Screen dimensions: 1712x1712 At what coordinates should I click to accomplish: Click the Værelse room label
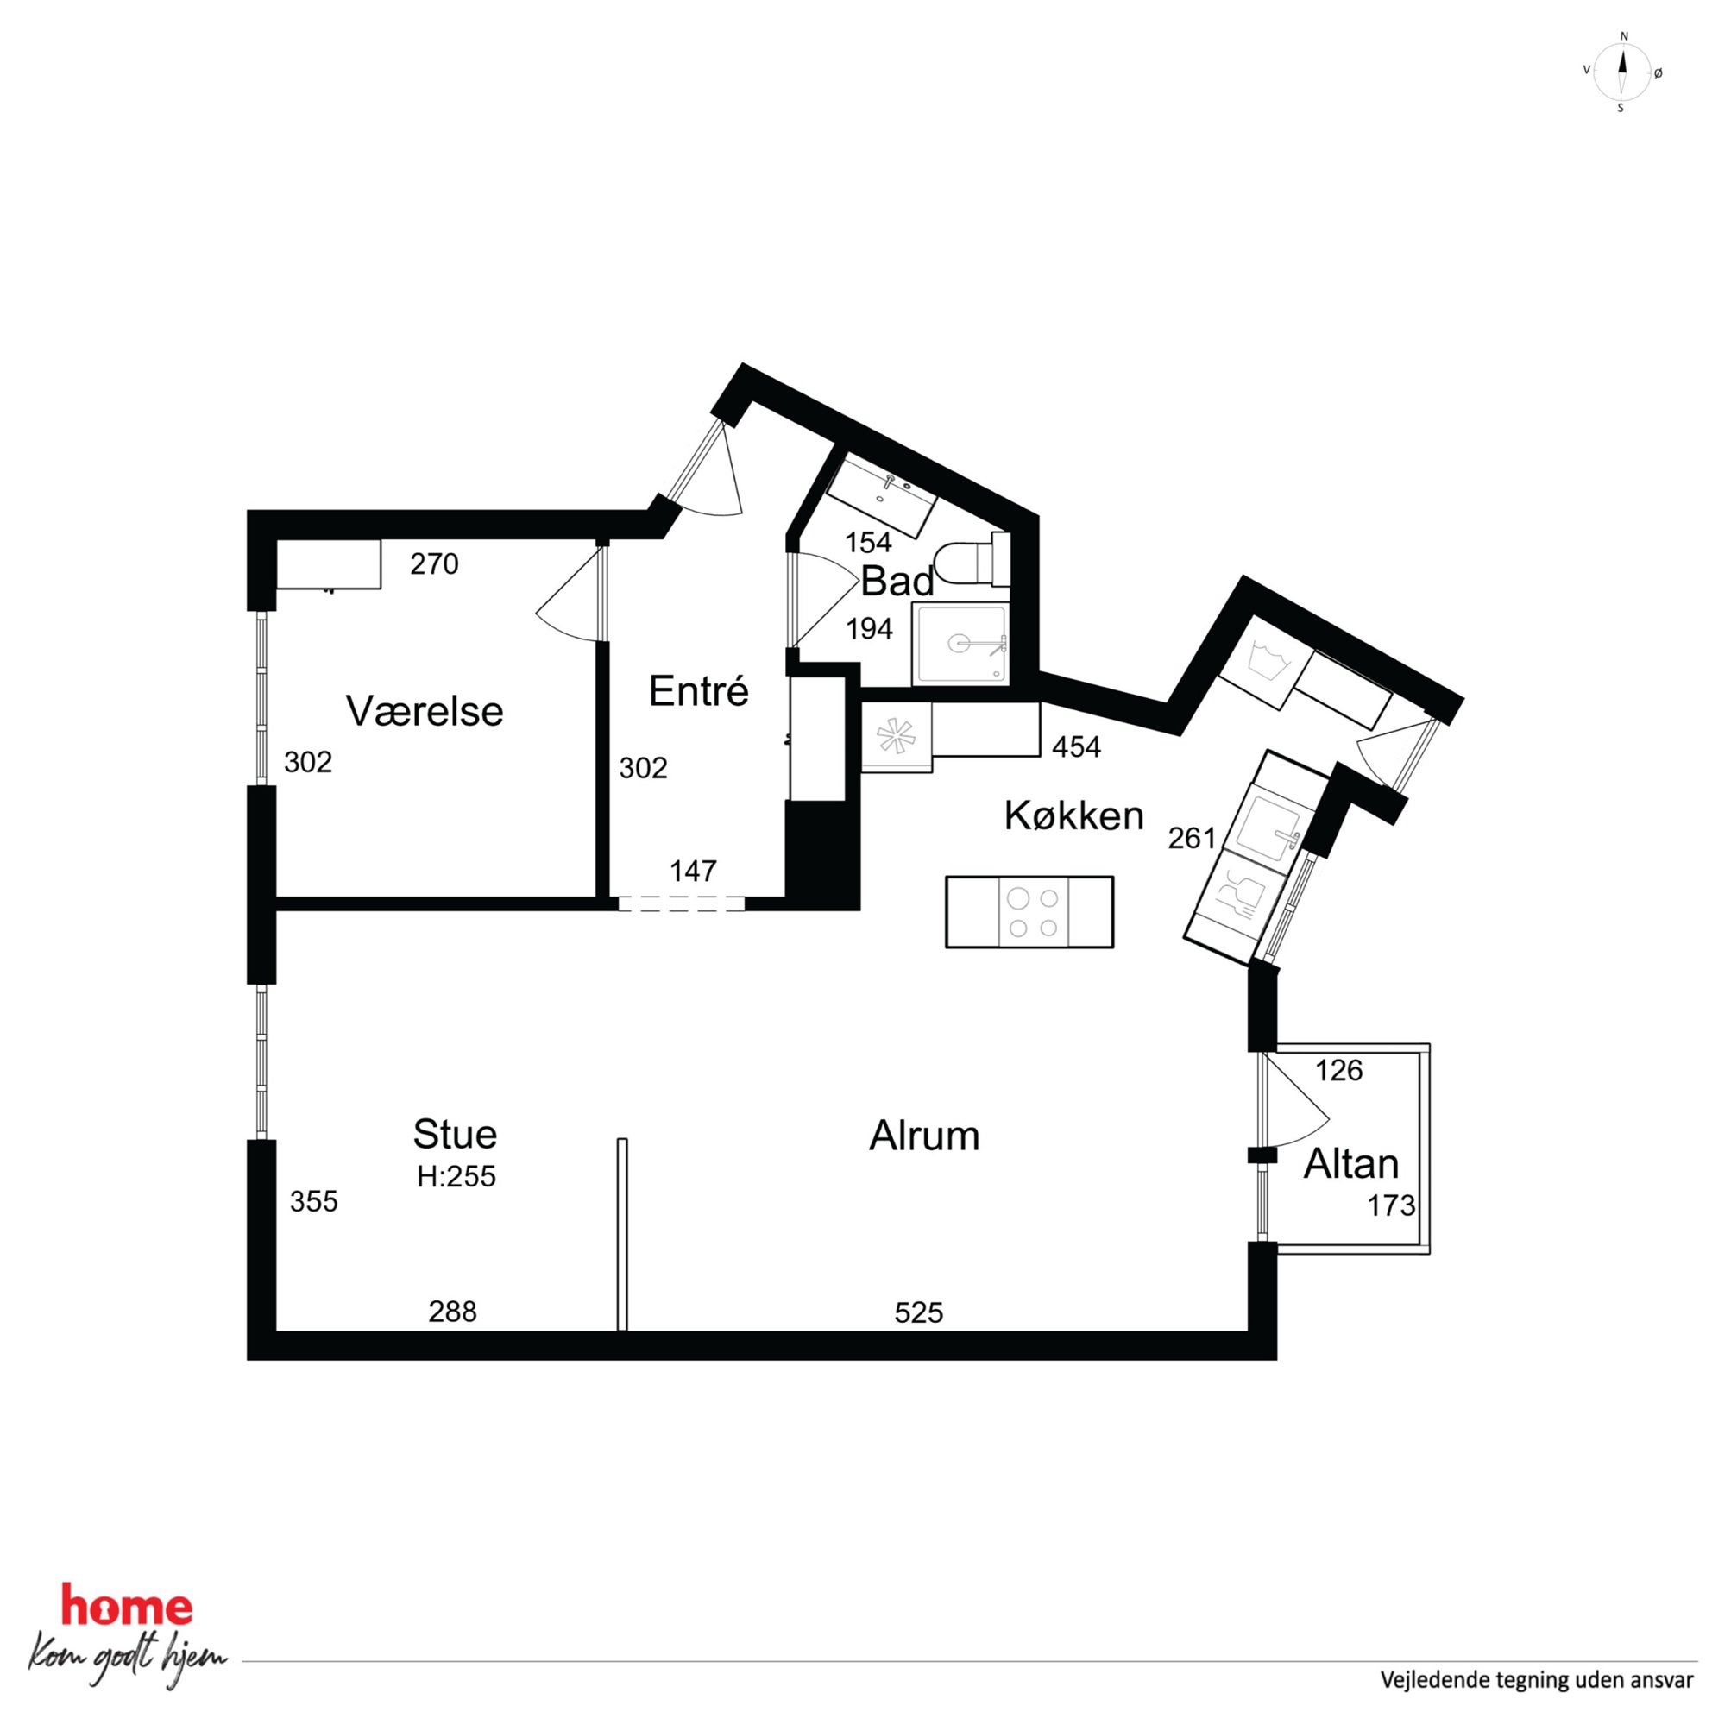(425, 711)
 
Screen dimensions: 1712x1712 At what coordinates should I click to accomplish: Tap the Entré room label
(698, 691)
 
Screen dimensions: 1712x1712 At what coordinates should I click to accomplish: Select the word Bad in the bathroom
(897, 582)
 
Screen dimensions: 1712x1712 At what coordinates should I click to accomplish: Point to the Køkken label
(1074, 815)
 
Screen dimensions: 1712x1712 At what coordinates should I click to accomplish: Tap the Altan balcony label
(1350, 1163)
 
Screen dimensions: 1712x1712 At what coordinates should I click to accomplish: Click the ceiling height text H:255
(456, 1177)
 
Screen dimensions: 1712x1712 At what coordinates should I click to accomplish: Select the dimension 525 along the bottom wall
(919, 1312)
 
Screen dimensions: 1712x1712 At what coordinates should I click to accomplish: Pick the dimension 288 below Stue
(453, 1312)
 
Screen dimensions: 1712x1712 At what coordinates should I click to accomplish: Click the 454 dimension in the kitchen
(1077, 747)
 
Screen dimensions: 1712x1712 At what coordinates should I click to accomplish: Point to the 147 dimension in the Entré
(693, 872)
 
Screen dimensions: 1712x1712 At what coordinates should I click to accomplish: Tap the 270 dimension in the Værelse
(434, 563)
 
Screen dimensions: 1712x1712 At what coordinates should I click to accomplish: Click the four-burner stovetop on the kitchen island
(1033, 912)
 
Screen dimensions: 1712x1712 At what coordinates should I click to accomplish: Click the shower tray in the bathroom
(960, 645)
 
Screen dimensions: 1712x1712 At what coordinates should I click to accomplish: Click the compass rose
(1621, 72)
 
